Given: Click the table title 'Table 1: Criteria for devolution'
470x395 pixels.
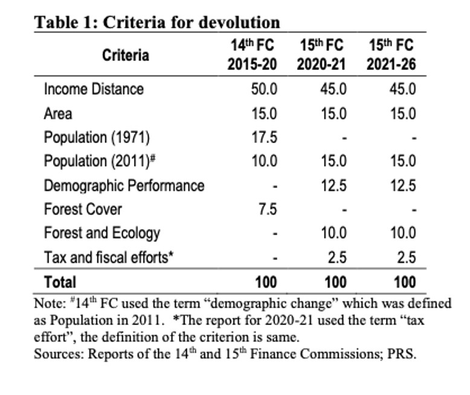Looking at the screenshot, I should pyautogui.click(x=156, y=22).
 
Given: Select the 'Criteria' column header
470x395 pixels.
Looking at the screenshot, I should pyautogui.click(x=125, y=55).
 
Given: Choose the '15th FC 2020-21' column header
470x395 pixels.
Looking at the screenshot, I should pyautogui.click(x=321, y=55).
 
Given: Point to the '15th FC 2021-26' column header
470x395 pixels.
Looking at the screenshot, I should pyautogui.click(x=391, y=55).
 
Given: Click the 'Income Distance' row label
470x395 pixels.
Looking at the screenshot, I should pyautogui.click(x=94, y=89).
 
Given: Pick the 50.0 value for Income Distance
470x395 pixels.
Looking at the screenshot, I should pyautogui.click(x=264, y=89).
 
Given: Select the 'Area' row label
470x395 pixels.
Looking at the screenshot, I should pyautogui.click(x=57, y=113).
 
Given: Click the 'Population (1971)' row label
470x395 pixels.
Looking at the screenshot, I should pyautogui.click(x=97, y=137).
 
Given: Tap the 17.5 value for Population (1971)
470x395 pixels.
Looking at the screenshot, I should pyautogui.click(x=264, y=137).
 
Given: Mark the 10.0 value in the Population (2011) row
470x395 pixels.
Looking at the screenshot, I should pyautogui.click(x=264, y=162).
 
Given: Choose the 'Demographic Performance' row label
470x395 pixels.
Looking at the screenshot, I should pyautogui.click(x=124, y=186).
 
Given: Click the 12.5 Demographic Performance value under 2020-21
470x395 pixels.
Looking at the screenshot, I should pyautogui.click(x=333, y=186).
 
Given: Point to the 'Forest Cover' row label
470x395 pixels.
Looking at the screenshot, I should pyautogui.click(x=83, y=210).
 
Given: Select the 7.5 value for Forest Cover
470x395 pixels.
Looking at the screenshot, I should pyautogui.click(x=268, y=210).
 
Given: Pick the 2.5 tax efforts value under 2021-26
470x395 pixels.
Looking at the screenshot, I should pyautogui.click(x=407, y=258).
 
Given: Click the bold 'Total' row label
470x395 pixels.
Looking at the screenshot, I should pyautogui.click(x=60, y=282).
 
